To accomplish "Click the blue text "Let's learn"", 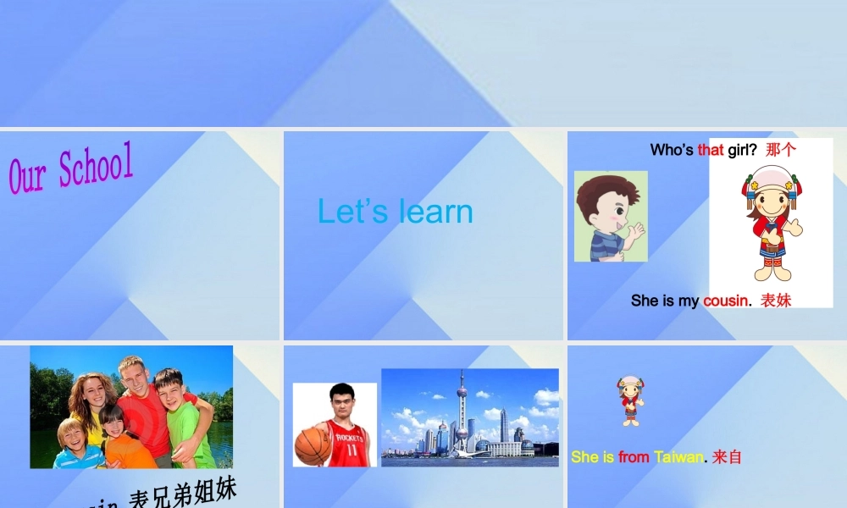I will point(395,212).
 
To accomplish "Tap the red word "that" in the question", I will point(711,151).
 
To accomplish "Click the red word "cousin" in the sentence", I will point(725,301).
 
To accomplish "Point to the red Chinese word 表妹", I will point(776,301).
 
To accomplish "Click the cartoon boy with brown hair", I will point(610,217).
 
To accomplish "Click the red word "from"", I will point(634,457).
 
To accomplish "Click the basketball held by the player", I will point(312,446).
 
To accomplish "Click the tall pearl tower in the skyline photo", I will point(462,411).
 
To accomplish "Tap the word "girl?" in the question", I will point(742,151).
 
